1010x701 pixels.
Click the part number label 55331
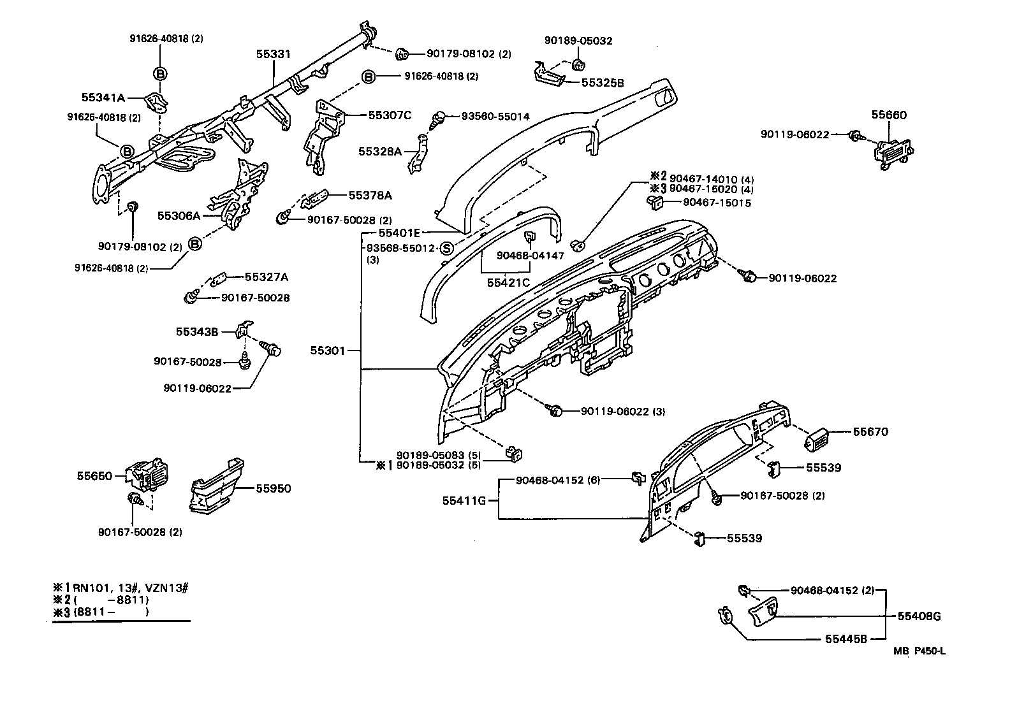[274, 54]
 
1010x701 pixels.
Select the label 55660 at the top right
[889, 115]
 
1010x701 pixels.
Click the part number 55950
[274, 489]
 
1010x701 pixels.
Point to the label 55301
[328, 350]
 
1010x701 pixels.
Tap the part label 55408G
[919, 616]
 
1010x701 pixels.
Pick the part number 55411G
[464, 501]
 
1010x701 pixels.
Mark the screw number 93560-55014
[495, 117]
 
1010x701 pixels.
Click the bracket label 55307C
[390, 115]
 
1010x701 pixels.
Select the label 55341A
[103, 98]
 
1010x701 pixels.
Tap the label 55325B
[603, 83]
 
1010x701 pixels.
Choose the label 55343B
[197, 332]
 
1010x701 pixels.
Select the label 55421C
[508, 282]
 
